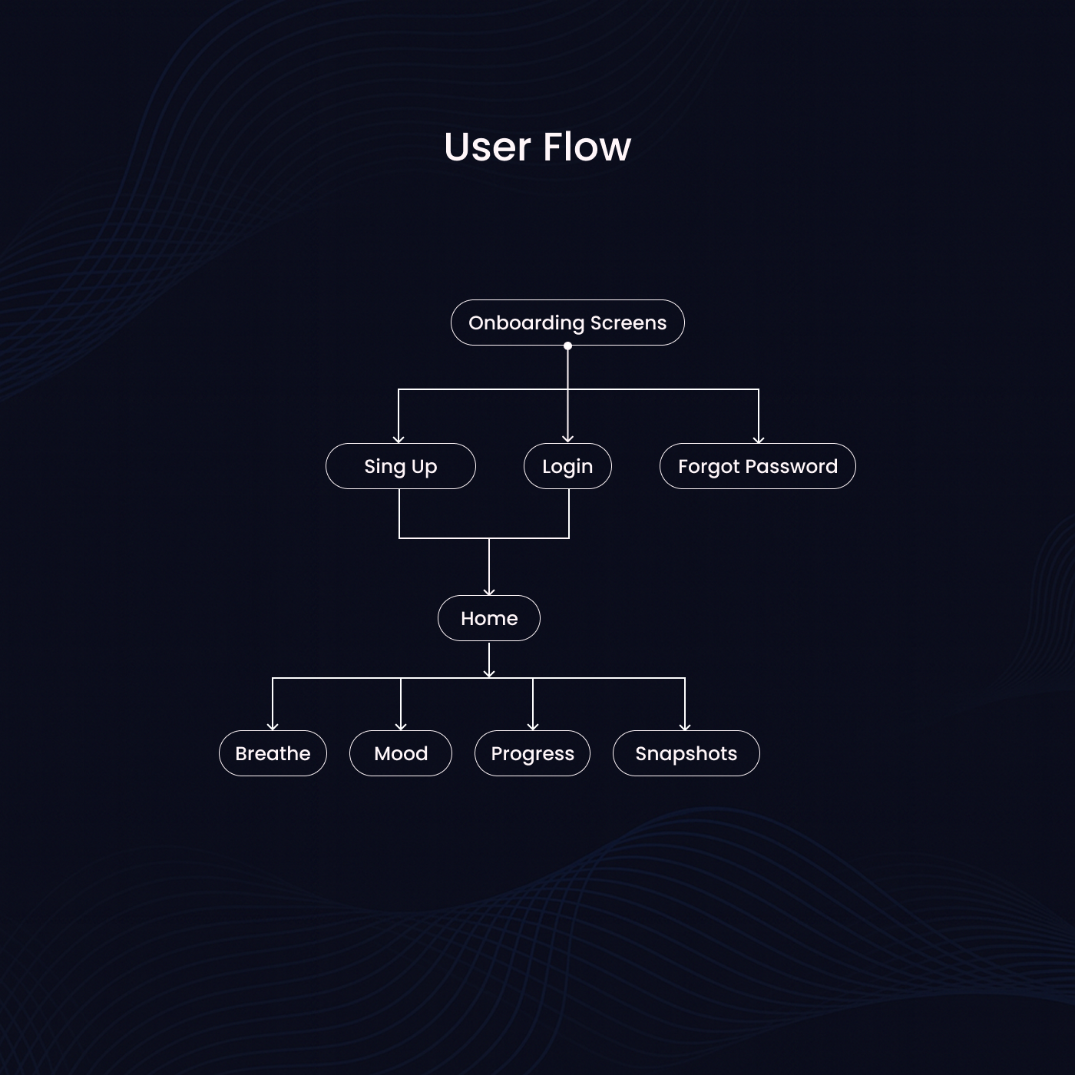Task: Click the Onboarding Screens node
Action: pos(567,322)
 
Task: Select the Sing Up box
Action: pos(400,466)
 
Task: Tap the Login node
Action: pos(567,466)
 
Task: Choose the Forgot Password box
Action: pos(757,466)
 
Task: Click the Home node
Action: pos(489,618)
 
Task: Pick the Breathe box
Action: pos(273,753)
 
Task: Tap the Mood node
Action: pos(401,753)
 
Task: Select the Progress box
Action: pos(532,753)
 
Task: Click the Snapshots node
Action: pos(686,753)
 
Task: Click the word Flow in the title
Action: pos(587,147)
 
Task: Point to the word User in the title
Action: pos(488,147)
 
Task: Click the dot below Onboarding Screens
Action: pos(567,346)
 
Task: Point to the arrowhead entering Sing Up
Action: pos(399,439)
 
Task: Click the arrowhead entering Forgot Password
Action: pos(759,439)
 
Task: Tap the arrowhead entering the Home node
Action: pos(489,591)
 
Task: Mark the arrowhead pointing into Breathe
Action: pos(273,726)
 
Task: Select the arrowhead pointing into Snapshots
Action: pos(685,726)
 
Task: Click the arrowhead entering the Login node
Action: pos(567,439)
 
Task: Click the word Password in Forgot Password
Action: pos(791,466)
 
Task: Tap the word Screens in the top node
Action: pos(628,322)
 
